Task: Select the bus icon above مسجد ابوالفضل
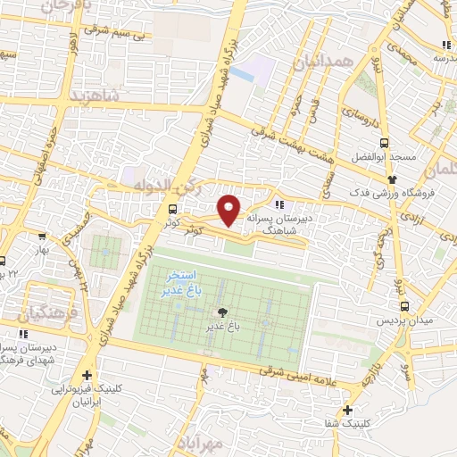pyautogui.click(x=385, y=143)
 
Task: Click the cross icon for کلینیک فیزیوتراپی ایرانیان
pyautogui.click(x=86, y=376)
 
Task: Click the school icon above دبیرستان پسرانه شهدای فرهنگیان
pyautogui.click(x=22, y=334)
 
